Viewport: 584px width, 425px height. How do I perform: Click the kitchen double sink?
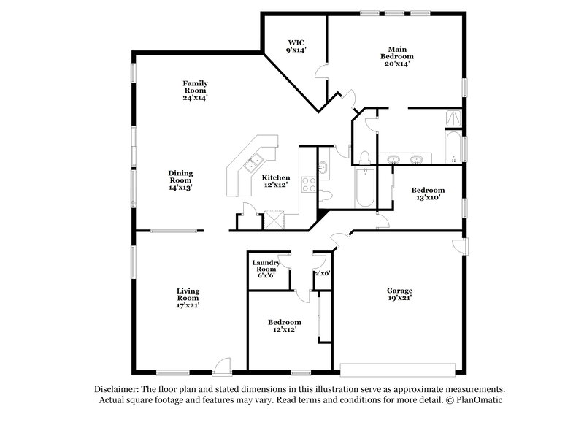coord(255,163)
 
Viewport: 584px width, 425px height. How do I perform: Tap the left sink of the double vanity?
coord(394,159)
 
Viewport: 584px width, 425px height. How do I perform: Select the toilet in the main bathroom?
coord(364,156)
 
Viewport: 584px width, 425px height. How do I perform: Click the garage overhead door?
coord(401,367)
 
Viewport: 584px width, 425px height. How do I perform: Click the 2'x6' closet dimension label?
coord(322,272)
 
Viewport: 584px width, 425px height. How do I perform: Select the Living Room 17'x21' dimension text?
coord(188,305)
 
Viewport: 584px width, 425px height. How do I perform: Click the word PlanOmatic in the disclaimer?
coord(480,400)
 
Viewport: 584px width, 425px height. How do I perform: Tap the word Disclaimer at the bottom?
coord(118,389)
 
